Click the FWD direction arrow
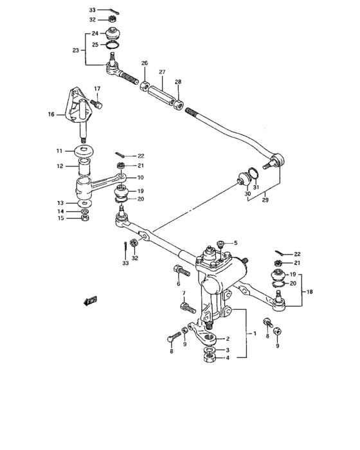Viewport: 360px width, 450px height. tap(89, 300)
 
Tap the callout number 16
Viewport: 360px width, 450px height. tap(51, 115)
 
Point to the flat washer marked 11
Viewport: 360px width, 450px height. tap(84, 151)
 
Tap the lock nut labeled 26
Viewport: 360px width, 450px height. tap(145, 84)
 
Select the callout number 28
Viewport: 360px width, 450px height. tap(178, 82)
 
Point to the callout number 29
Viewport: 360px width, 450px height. tap(265, 199)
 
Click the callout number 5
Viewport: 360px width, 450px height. tap(235, 243)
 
